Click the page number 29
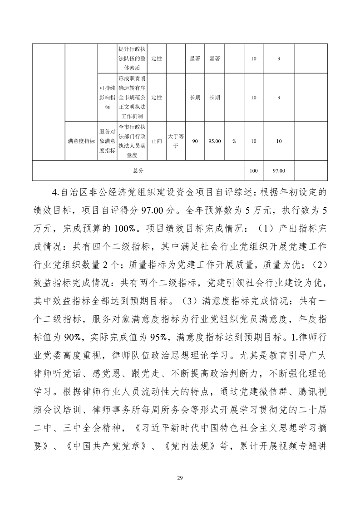pyautogui.click(x=180, y=478)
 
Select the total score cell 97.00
pyautogui.click(x=279, y=171)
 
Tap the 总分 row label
pyautogui.click(x=138, y=171)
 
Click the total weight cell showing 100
pyautogui.click(x=254, y=171)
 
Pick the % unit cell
pyautogui.click(x=234, y=141)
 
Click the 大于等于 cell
pyautogui.click(x=176, y=141)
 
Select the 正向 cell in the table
pyautogui.click(x=157, y=141)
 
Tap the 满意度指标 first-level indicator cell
pyautogui.click(x=81, y=141)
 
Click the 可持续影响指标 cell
pyautogui.click(x=107, y=97)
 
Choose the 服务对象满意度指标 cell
pyautogui.click(x=107, y=141)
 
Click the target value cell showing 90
pyautogui.click(x=195, y=141)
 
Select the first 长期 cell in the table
pyautogui.click(x=195, y=97)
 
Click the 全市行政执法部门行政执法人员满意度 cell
pyautogui.click(x=132, y=141)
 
